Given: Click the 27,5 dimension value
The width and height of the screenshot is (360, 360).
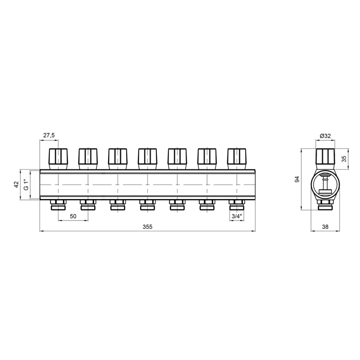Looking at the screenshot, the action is [x=49, y=135].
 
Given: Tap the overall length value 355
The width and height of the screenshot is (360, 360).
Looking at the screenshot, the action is [x=147, y=227].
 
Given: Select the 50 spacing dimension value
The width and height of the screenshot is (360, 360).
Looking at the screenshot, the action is [x=73, y=216].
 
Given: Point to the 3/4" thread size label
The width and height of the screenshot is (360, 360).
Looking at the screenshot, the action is [x=237, y=216].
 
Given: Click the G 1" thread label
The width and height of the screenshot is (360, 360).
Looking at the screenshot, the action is [x=26, y=185].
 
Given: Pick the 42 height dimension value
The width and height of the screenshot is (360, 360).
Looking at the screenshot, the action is [x=16, y=185].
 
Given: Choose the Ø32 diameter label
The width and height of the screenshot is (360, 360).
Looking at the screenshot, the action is [x=325, y=136].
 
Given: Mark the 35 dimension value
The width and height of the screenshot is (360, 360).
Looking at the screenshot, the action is [x=344, y=159].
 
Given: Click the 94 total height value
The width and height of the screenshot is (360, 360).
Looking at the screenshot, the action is [x=297, y=179].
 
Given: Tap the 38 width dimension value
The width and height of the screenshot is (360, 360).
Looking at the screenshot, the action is [x=325, y=227].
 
